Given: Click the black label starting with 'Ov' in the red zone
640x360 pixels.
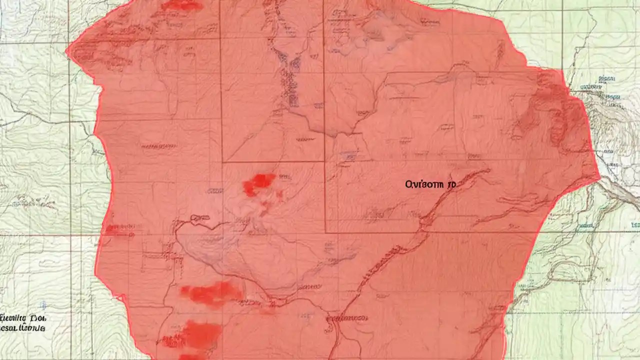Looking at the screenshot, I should [x=430, y=184].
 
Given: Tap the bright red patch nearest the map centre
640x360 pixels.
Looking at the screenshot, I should [x=259, y=183].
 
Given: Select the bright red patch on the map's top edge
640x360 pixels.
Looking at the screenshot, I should [x=183, y=5].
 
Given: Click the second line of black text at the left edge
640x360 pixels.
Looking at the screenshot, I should [x=23, y=328].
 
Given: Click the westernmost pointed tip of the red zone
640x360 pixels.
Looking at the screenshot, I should [x=67, y=50].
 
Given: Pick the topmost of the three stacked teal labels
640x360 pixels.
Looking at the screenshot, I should [x=606, y=78].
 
